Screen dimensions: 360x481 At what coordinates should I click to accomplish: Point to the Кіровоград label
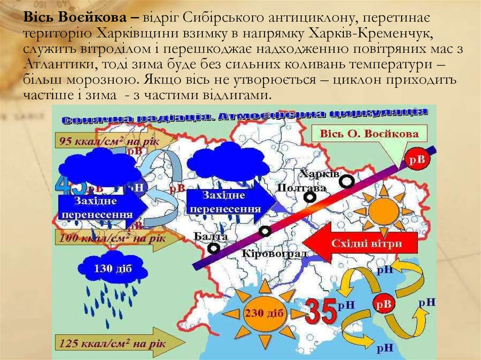274,253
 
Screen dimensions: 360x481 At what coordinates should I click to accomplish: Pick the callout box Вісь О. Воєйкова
369,134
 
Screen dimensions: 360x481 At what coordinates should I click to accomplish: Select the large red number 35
321,310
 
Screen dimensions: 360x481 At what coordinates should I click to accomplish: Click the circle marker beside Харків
347,181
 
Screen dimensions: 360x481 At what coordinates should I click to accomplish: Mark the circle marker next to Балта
214,247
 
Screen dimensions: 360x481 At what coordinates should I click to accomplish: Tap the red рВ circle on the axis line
418,160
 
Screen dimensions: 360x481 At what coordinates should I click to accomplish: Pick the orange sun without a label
383,211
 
